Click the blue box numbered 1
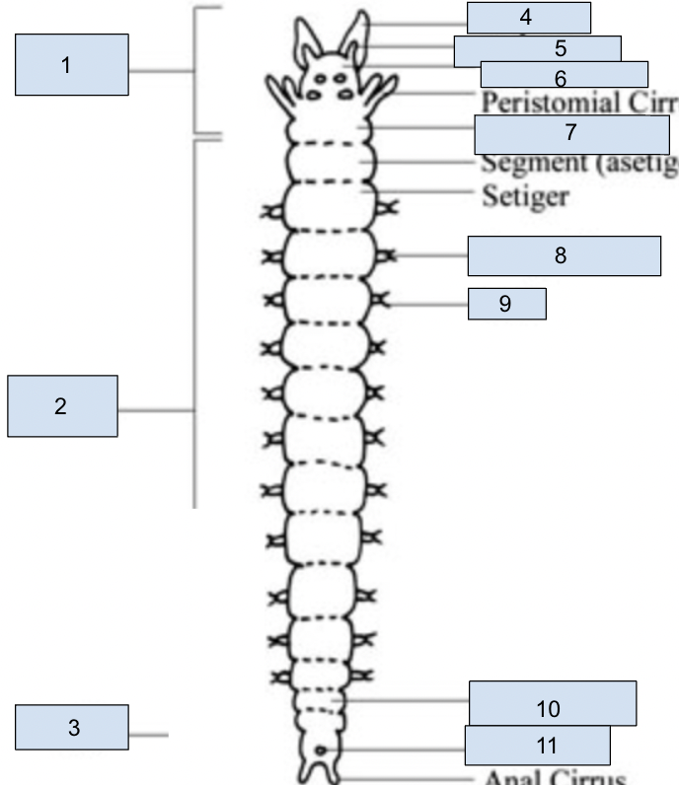72,65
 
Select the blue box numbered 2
62,405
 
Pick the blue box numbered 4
528,18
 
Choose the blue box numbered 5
537,49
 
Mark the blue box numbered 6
564,75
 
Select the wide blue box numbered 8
564,255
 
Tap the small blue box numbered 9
506,304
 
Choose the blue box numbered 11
537,745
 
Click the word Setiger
524,195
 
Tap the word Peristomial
545,103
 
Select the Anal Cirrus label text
554,777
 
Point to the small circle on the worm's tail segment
322,751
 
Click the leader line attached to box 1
161,71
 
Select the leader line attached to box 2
156,410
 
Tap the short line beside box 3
148,734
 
